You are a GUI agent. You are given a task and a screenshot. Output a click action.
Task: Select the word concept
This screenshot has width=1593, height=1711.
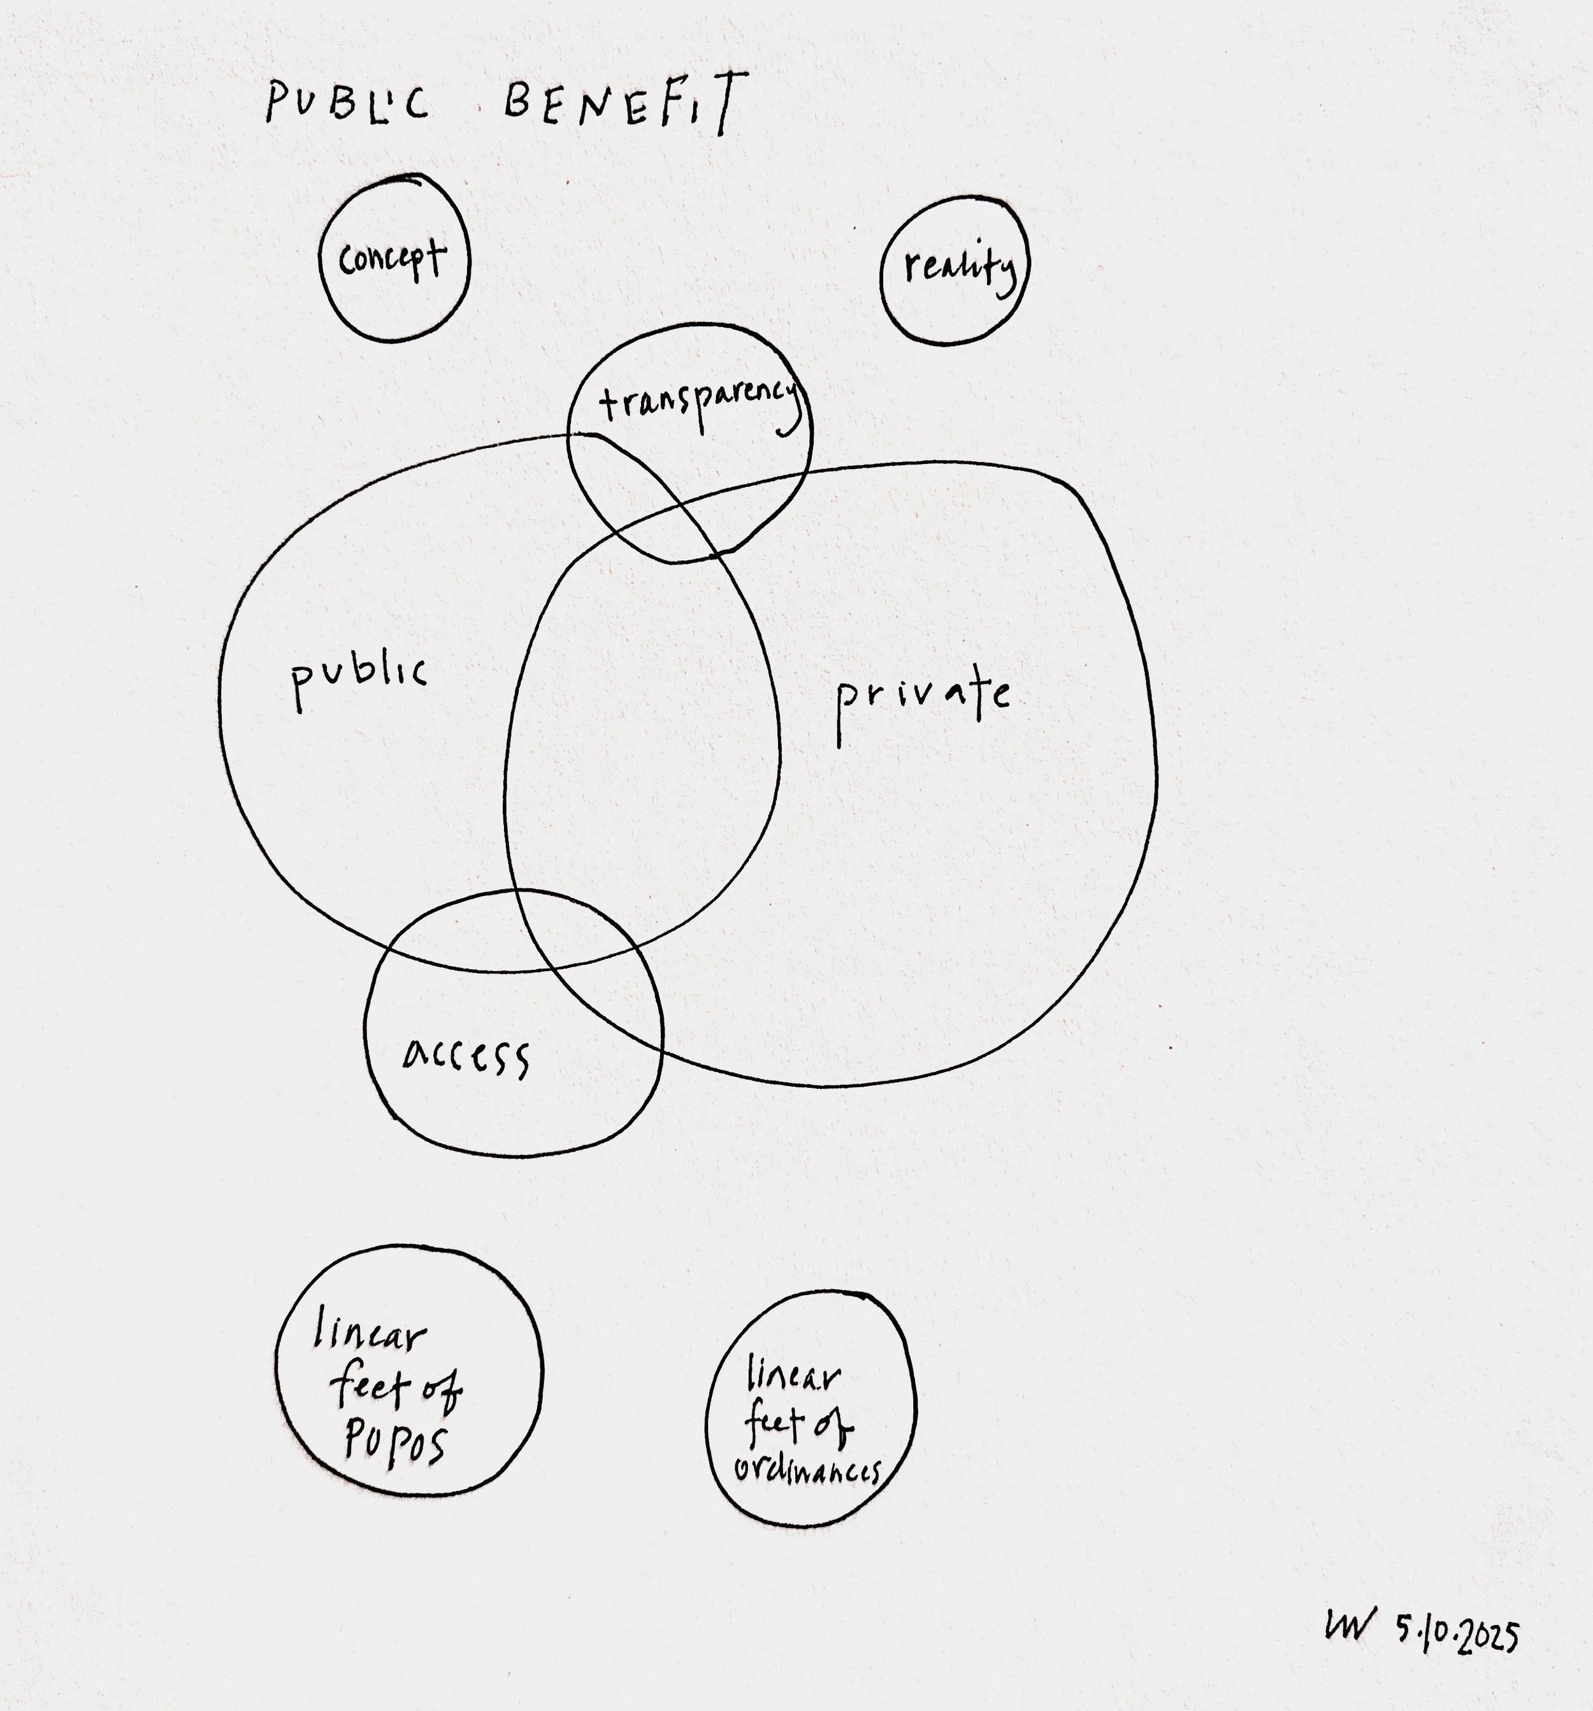tap(393, 257)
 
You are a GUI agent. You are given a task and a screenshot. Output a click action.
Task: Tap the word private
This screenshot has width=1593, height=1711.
tap(923, 699)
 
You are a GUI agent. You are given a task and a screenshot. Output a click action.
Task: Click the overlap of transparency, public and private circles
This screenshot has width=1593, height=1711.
tap(680, 527)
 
